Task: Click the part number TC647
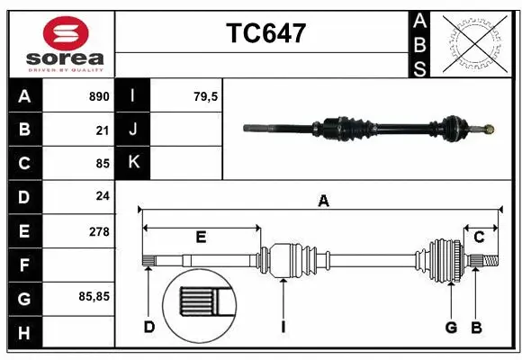pyautogui.click(x=265, y=33)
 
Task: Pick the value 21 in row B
pyautogui.click(x=102, y=130)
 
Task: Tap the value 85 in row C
pyautogui.click(x=102, y=164)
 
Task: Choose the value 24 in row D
pyautogui.click(x=102, y=197)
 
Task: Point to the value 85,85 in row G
pyautogui.click(x=94, y=296)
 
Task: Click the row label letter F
pyautogui.click(x=24, y=265)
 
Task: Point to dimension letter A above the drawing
pyautogui.click(x=323, y=202)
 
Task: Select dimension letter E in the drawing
pyautogui.click(x=201, y=237)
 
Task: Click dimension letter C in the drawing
pyautogui.click(x=479, y=237)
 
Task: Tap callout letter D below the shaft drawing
pyautogui.click(x=149, y=326)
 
